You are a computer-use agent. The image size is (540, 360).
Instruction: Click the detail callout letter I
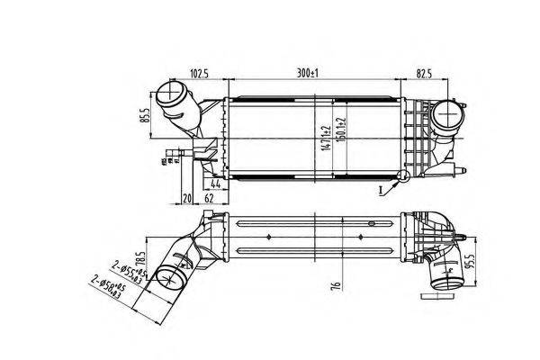point(382,192)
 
